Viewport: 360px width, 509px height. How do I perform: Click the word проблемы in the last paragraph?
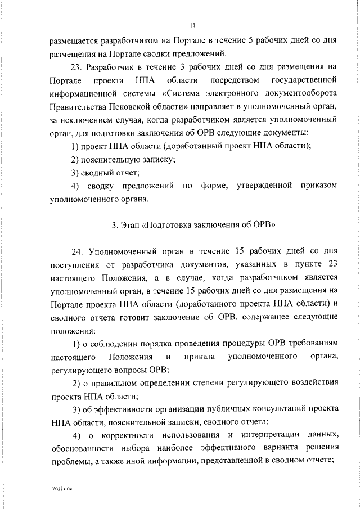click(68, 461)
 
